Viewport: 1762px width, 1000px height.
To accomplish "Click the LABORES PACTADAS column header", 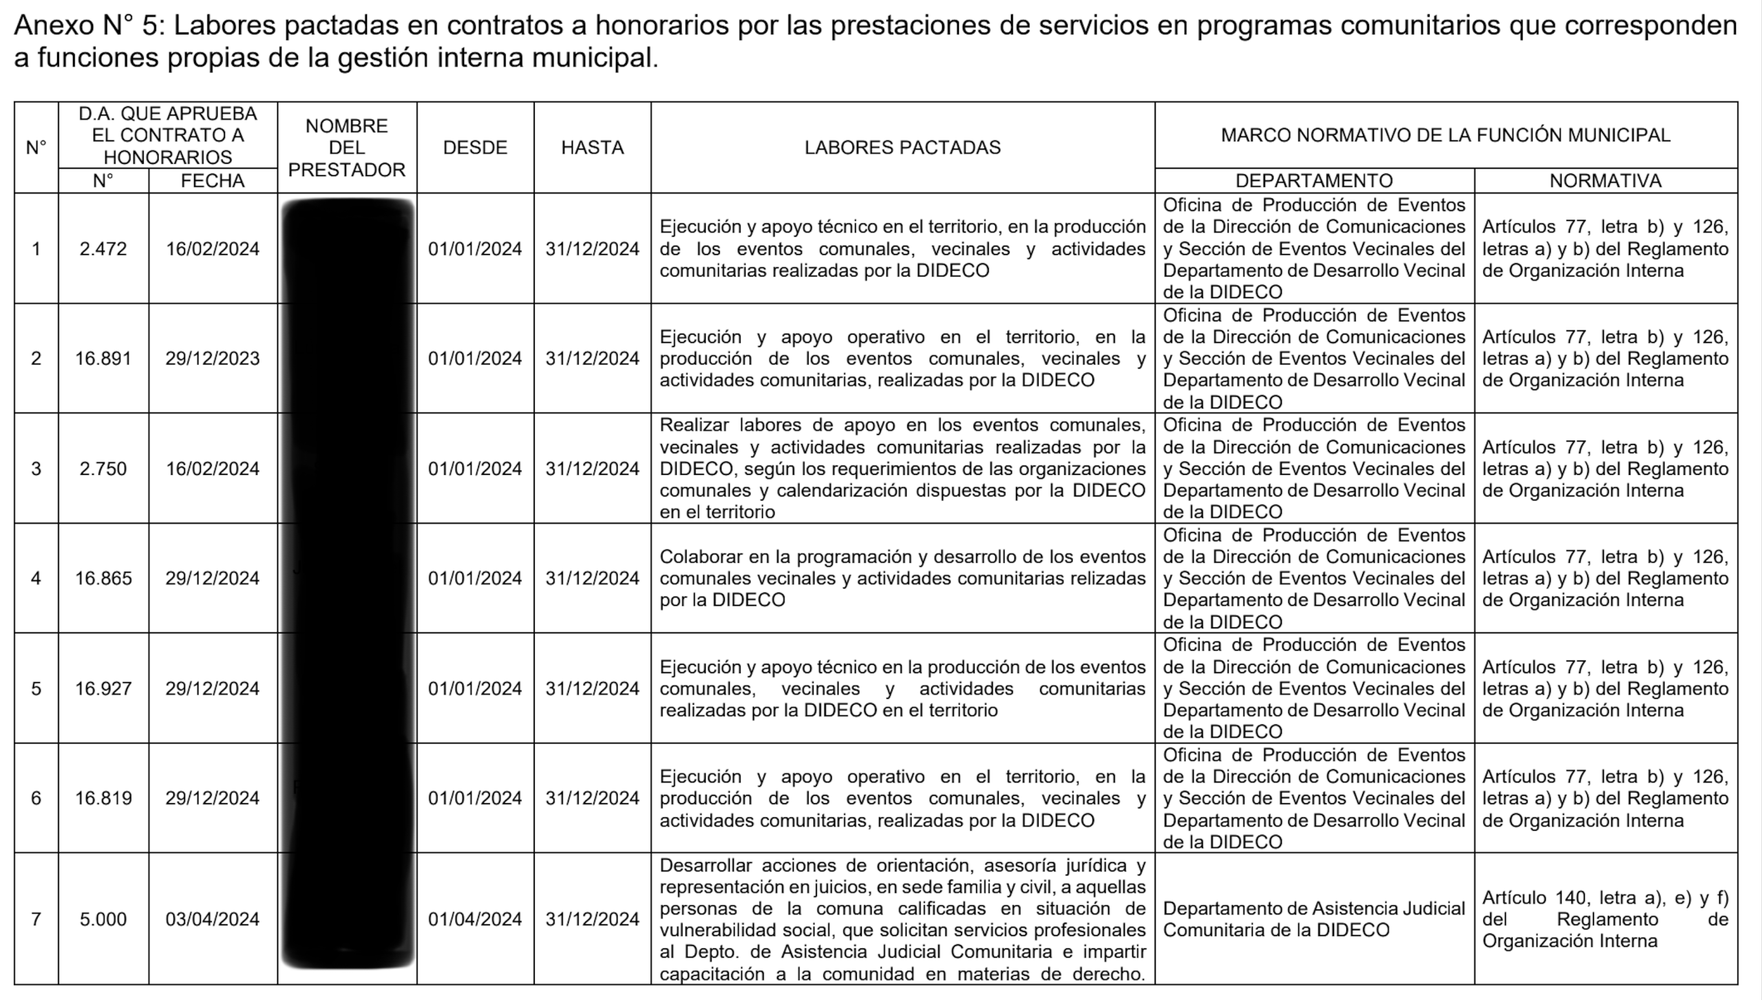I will coord(902,147).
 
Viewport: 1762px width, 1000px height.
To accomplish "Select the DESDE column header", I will coord(475,147).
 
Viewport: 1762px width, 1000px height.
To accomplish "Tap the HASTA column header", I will coord(592,147).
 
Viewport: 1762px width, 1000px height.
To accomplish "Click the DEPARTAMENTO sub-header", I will coord(1314,180).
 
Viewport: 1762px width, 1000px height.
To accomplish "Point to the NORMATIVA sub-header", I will coord(1605,180).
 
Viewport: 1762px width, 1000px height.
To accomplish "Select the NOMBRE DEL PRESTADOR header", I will coord(347,147).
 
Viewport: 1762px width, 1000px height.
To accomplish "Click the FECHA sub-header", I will coord(213,180).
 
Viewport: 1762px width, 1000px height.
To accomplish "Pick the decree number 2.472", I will coord(103,248).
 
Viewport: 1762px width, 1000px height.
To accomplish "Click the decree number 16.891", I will coord(103,358).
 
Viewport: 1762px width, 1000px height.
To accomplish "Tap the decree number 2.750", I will coord(103,469).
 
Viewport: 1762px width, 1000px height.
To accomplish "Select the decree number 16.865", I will coord(103,578).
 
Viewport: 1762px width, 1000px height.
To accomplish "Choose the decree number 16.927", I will coord(103,688).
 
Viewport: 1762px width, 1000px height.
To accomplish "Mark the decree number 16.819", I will coord(103,798).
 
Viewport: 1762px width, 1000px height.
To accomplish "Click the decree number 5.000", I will coord(103,919).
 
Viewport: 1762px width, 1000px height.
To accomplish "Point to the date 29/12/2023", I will coord(213,358).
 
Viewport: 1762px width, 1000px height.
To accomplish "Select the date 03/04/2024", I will coord(213,919).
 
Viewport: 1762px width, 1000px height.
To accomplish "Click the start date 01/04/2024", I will coord(475,919).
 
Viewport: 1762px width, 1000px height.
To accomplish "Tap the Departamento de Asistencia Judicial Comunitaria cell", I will coord(1314,919).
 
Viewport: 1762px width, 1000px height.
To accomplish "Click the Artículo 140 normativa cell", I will coord(1605,919).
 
